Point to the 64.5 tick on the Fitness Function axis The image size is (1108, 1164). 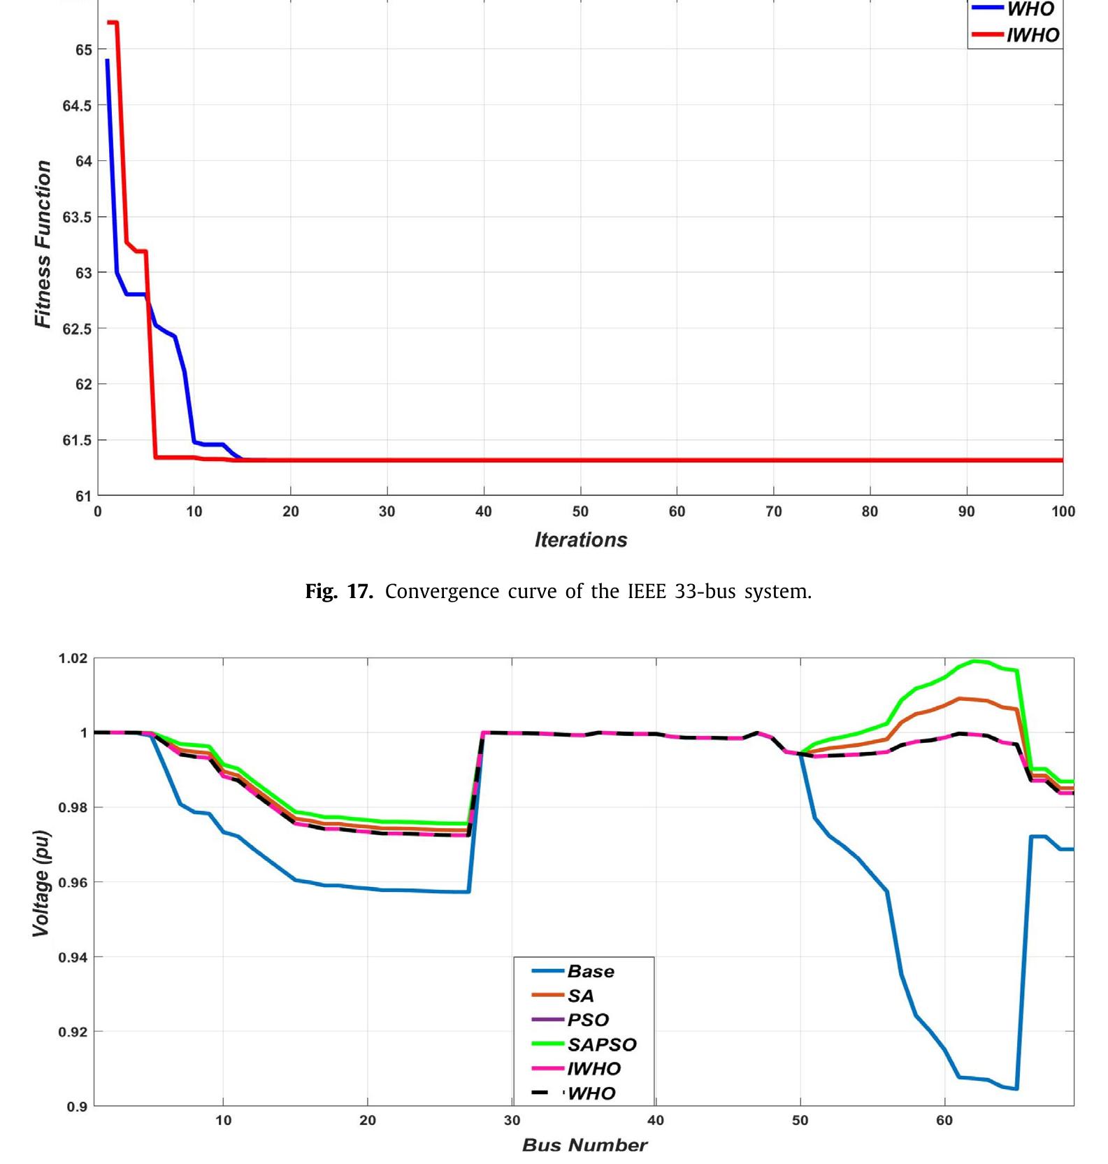point(77,106)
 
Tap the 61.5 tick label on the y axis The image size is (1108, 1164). point(77,440)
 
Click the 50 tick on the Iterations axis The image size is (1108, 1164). point(580,511)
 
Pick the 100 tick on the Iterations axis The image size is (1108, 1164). point(1063,511)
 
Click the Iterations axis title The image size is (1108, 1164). point(581,540)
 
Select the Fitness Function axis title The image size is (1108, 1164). point(43,244)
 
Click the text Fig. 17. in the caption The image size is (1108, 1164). point(339,592)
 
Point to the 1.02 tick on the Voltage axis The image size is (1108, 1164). point(73,658)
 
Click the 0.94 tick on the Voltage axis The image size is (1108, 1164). point(73,957)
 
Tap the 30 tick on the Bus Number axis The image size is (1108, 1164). point(512,1120)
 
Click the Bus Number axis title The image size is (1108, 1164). point(584,1145)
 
